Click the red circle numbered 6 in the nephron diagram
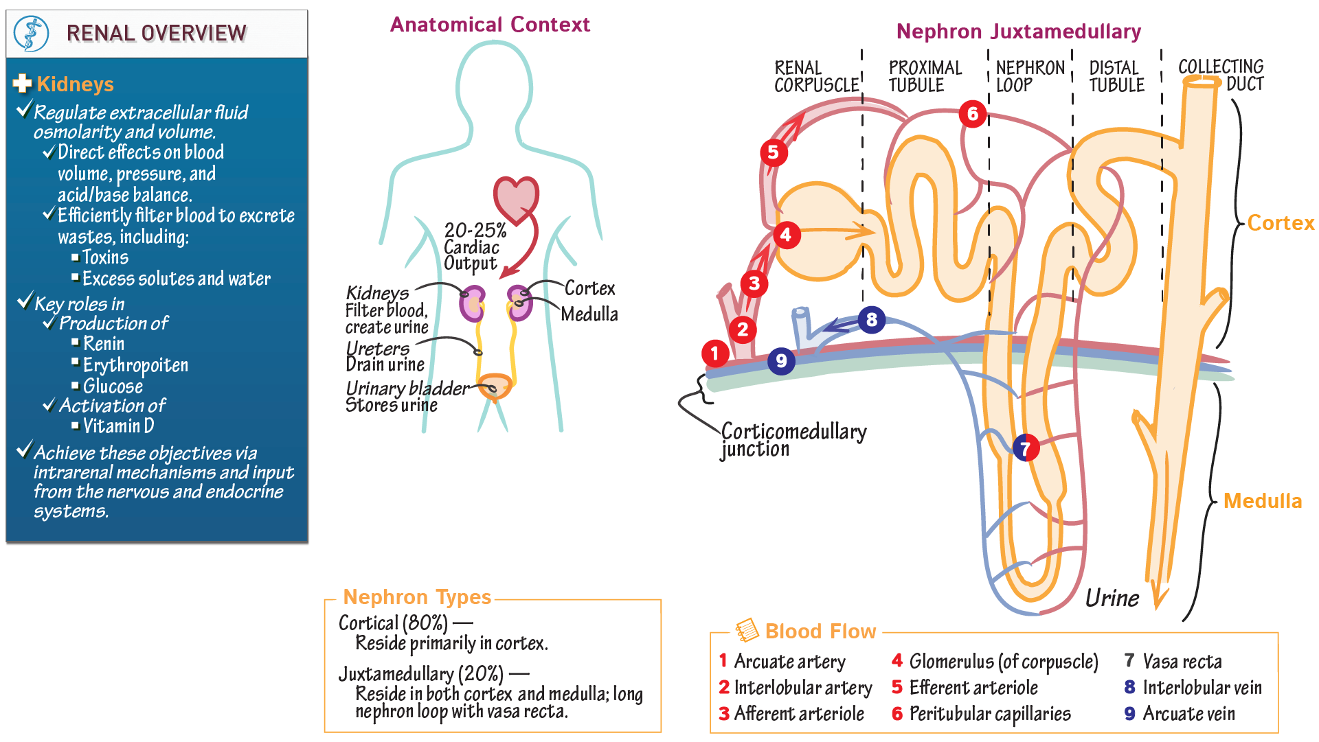(973, 114)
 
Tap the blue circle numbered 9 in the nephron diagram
(781, 361)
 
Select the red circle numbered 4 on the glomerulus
(786, 235)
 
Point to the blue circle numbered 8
(872, 320)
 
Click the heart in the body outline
(517, 198)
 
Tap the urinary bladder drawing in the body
(495, 386)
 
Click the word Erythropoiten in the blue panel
(135, 365)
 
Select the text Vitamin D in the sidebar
(118, 426)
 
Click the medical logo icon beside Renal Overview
(32, 34)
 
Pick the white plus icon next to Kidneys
(23, 84)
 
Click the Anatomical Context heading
(490, 25)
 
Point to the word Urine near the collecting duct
(1112, 598)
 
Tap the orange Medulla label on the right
(1263, 501)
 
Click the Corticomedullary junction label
(793, 440)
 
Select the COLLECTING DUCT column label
(1221, 76)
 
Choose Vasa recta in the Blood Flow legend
(1182, 662)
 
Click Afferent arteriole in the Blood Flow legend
(799, 714)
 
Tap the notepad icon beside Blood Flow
(747, 630)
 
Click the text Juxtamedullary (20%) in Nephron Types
(420, 674)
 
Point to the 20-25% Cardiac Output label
(474, 247)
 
